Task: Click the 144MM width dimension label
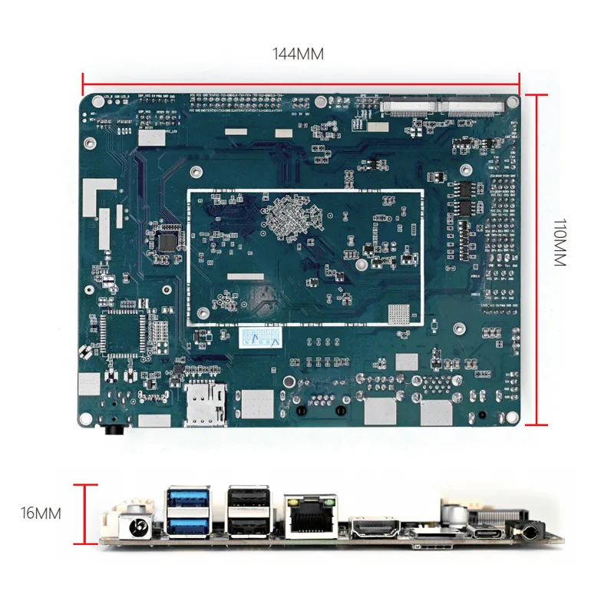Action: [298, 54]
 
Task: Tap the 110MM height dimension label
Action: [560, 243]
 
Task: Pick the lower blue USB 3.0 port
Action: [187, 524]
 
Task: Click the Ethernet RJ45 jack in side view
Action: [312, 516]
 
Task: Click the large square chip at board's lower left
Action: [123, 331]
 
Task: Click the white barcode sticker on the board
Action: [258, 338]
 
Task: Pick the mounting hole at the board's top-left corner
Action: [97, 101]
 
